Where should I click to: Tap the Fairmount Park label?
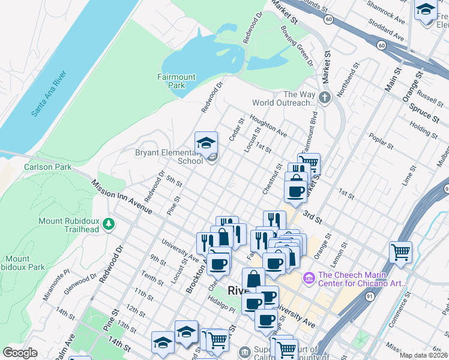[176, 81]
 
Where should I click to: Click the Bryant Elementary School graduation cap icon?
[206, 143]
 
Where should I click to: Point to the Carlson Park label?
[47, 167]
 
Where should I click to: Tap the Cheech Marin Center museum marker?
[309, 277]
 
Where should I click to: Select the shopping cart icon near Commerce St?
[400, 251]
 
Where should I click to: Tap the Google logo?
[20, 352]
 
